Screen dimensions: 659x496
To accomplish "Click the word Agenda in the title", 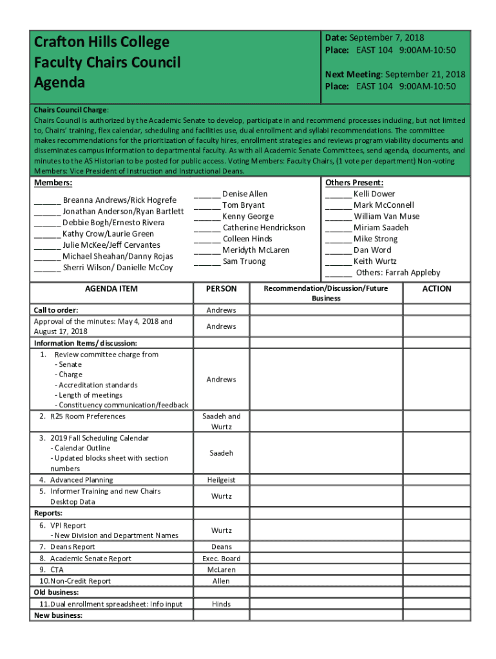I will pyautogui.click(x=59, y=83).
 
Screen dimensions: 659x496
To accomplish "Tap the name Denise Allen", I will pyautogui.click(x=245, y=194).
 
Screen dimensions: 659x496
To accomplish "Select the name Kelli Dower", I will pyautogui.click(x=374, y=194).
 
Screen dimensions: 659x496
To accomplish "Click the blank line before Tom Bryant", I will pyautogui.click(x=207, y=206).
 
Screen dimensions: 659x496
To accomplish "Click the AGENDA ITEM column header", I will pyautogui.click(x=111, y=289).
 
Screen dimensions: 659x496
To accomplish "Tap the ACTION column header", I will pyautogui.click(x=437, y=289).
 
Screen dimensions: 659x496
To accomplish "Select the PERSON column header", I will pyautogui.click(x=221, y=289).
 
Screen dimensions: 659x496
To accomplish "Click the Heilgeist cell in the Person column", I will pyautogui.click(x=221, y=480).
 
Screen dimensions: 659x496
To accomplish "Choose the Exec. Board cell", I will pyautogui.click(x=221, y=559).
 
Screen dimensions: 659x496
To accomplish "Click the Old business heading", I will pyautogui.click(x=56, y=592).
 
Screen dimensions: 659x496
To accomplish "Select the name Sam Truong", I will pyautogui.click(x=244, y=261).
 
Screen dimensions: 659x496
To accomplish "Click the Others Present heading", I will pyautogui.click(x=354, y=183).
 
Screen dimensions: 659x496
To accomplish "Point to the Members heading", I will pyautogui.click(x=53, y=184).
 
